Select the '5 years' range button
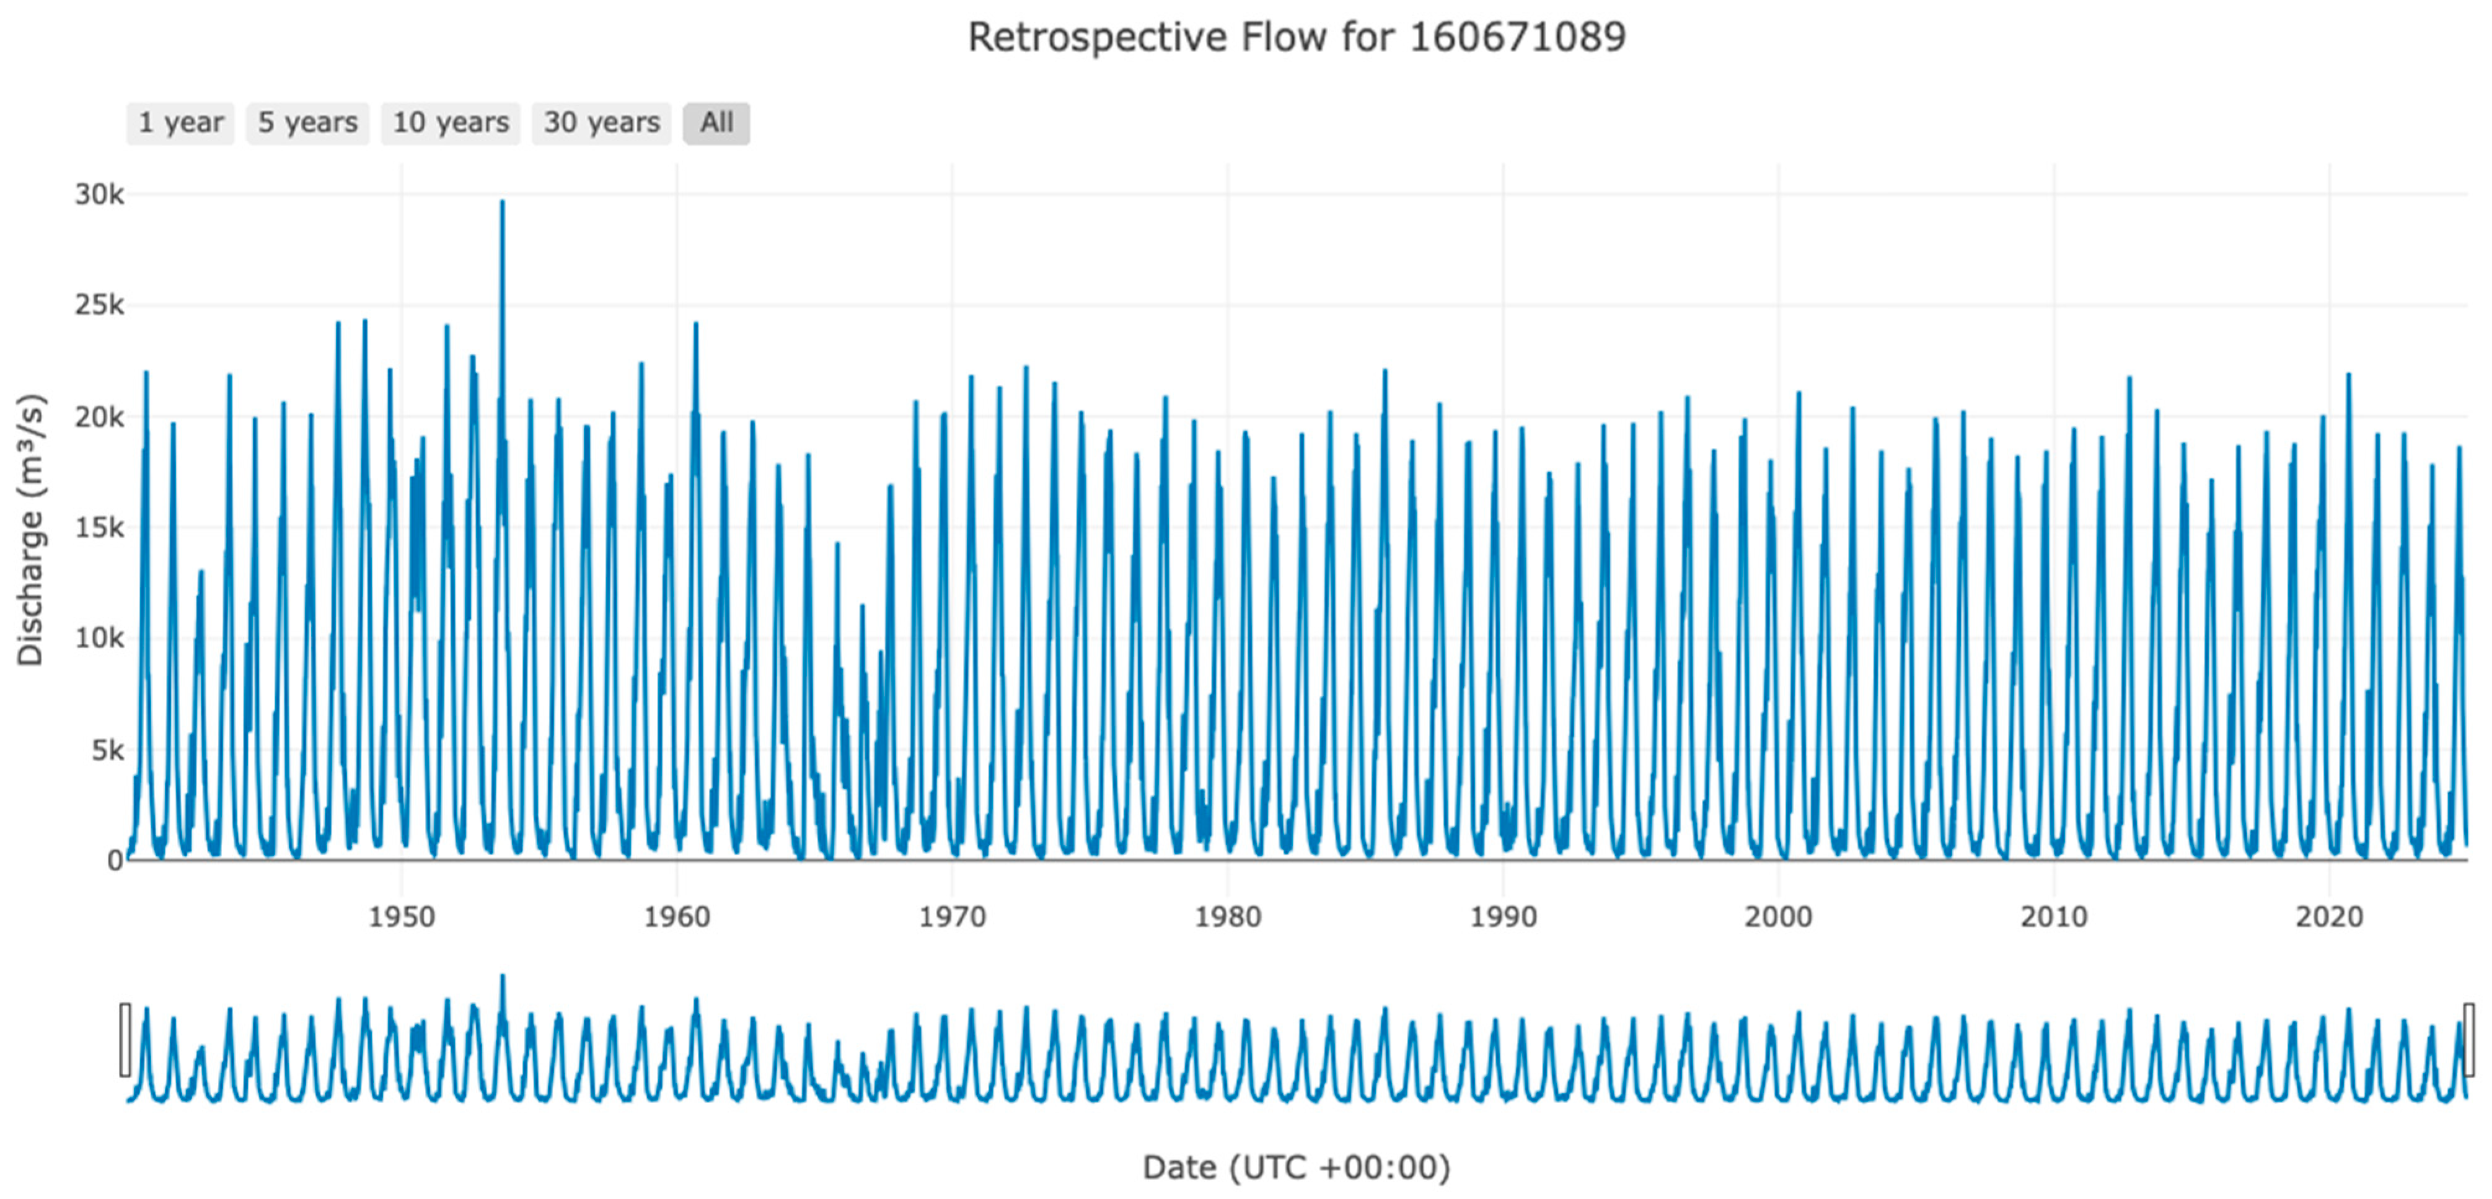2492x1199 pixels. (x=307, y=123)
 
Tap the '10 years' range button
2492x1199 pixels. (x=451, y=123)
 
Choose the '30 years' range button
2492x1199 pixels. (x=602, y=123)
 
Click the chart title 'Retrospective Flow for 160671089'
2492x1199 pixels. (x=1297, y=38)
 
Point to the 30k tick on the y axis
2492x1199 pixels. (x=100, y=195)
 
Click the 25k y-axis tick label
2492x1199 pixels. (x=100, y=305)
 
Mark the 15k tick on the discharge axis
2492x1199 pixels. (x=100, y=528)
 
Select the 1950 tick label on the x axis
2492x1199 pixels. (x=402, y=916)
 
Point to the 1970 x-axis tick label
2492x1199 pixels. (x=952, y=916)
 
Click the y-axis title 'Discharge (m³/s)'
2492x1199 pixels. (x=31, y=529)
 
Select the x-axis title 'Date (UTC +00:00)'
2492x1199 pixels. (x=1297, y=1167)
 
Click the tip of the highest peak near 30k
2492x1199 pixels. (x=502, y=202)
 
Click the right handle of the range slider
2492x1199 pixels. (x=2469, y=1040)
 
